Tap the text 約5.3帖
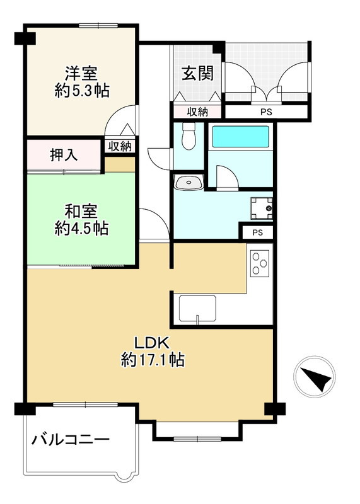tap(81, 91)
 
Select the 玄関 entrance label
tap(197, 73)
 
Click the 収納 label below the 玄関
tap(197, 112)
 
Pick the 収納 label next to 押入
tap(119, 146)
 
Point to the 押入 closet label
tap(64, 155)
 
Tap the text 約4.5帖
tap(81, 229)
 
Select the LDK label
tap(152, 343)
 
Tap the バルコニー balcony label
tap(71, 439)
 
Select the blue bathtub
tap(240, 137)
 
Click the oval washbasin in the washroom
tap(188, 183)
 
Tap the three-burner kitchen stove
tap(260, 263)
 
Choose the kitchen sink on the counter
tap(198, 309)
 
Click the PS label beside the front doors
tap(267, 113)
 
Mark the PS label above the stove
tap(257, 232)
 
